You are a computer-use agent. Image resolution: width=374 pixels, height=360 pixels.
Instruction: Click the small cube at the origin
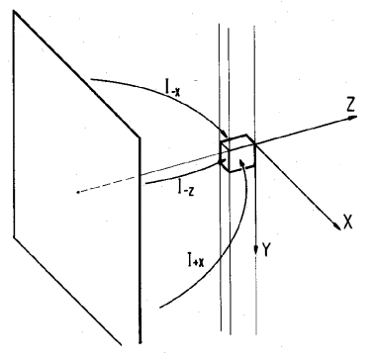click(x=238, y=155)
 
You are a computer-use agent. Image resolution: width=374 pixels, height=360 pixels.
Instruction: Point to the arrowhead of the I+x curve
click(x=235, y=167)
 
